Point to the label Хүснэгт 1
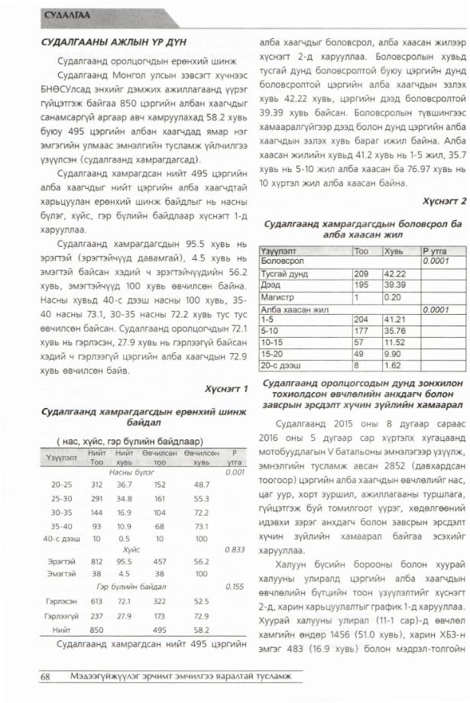click(227, 388)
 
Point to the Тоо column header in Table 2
click(361, 250)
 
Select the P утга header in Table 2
click(434, 250)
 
